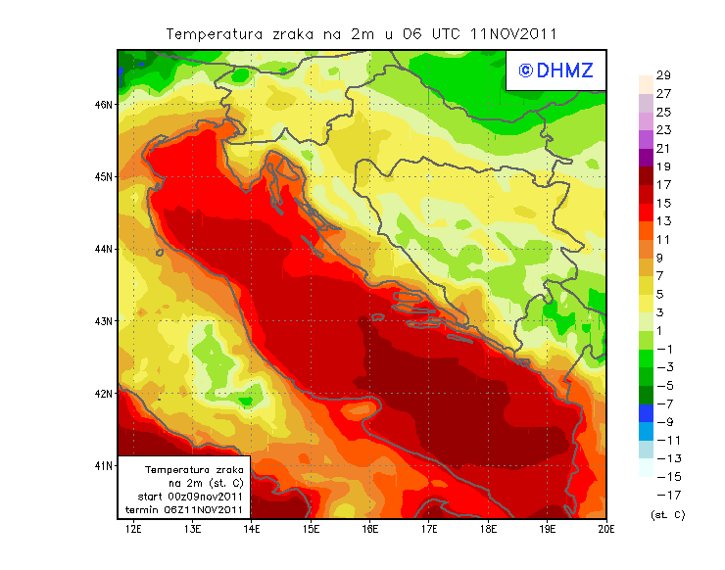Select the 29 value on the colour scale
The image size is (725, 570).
click(x=662, y=75)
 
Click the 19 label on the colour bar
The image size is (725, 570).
click(x=662, y=166)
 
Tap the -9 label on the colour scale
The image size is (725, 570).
click(x=663, y=422)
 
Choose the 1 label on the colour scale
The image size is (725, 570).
click(x=660, y=331)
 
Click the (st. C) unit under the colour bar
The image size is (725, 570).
click(x=667, y=514)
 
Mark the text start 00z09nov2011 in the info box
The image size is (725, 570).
click(x=184, y=497)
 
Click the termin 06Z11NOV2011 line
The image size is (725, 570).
click(x=184, y=509)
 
